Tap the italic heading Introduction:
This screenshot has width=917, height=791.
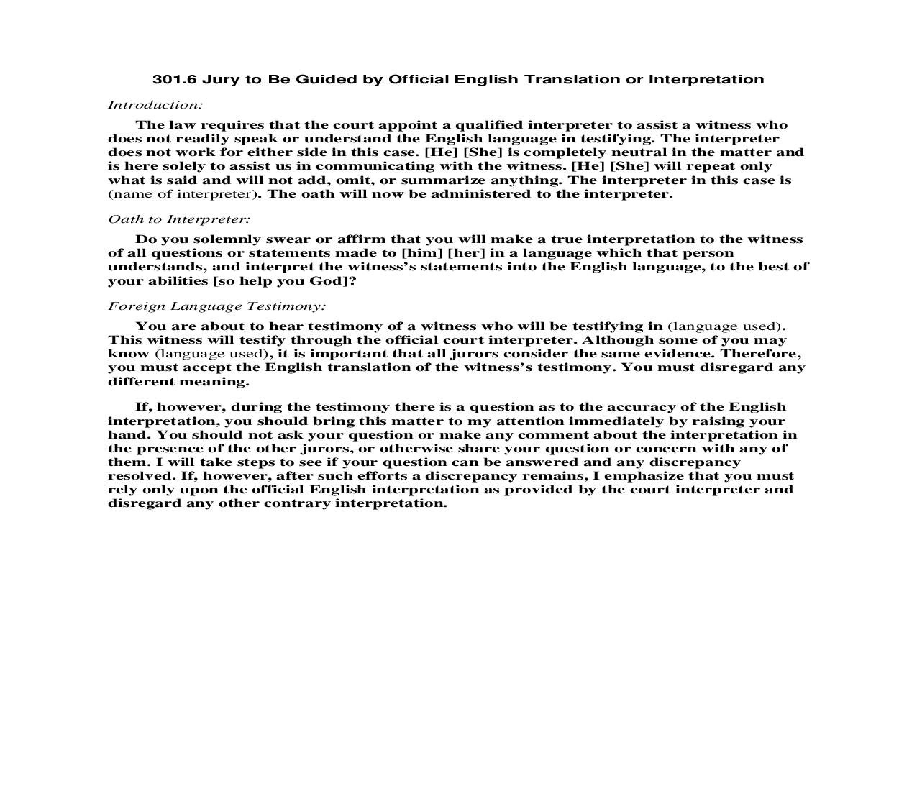coord(155,105)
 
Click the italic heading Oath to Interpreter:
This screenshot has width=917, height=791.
coord(179,219)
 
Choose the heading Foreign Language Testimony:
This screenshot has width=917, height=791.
coord(216,306)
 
